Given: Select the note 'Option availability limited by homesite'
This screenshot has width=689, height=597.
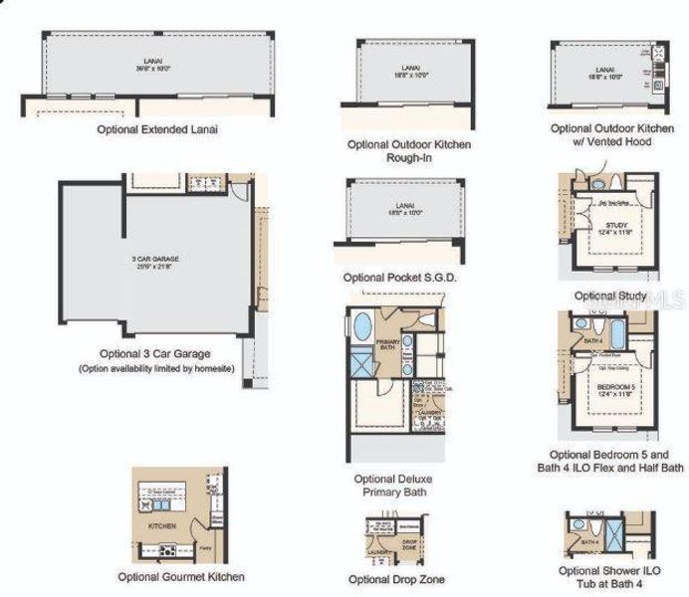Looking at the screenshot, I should pos(154,369).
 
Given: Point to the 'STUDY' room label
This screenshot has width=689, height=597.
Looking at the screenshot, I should pos(616,225).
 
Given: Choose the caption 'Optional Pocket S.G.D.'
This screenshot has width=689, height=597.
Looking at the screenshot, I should pos(399,278).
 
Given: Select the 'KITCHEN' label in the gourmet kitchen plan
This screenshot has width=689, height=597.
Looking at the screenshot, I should pos(162,524).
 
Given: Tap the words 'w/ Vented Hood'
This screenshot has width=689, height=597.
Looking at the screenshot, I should pos(615,142).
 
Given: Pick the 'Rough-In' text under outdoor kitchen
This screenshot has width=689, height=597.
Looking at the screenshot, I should pos(408,158).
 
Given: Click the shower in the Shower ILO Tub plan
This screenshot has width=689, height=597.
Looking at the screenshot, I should pos(615,535).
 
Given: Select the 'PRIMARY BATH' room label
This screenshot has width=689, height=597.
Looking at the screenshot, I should pos(388,345).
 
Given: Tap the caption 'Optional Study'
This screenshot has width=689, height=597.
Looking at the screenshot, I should pos(609,296).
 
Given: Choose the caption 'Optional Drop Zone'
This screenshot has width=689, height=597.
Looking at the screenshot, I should pos(396,579).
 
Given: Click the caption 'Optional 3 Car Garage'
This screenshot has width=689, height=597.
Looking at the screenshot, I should pos(154,353).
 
